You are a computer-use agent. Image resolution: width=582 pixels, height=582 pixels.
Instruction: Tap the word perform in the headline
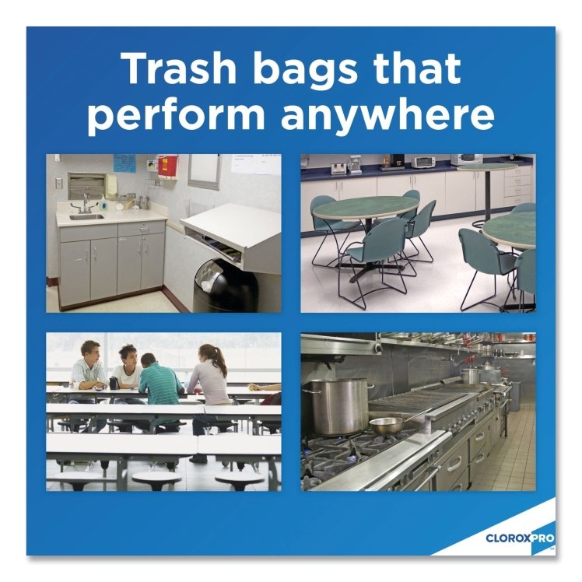coord(177,115)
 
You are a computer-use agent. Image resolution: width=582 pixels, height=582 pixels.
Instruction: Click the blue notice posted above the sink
coord(124,163)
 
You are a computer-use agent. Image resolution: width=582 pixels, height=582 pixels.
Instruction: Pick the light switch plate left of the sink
coord(58,183)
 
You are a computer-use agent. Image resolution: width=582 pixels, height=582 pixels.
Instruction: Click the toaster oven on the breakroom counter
coord(422,161)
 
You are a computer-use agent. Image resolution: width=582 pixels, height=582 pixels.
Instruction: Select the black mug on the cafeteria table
coord(114,382)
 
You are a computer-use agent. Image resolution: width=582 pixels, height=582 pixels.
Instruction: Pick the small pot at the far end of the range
coord(470,375)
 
